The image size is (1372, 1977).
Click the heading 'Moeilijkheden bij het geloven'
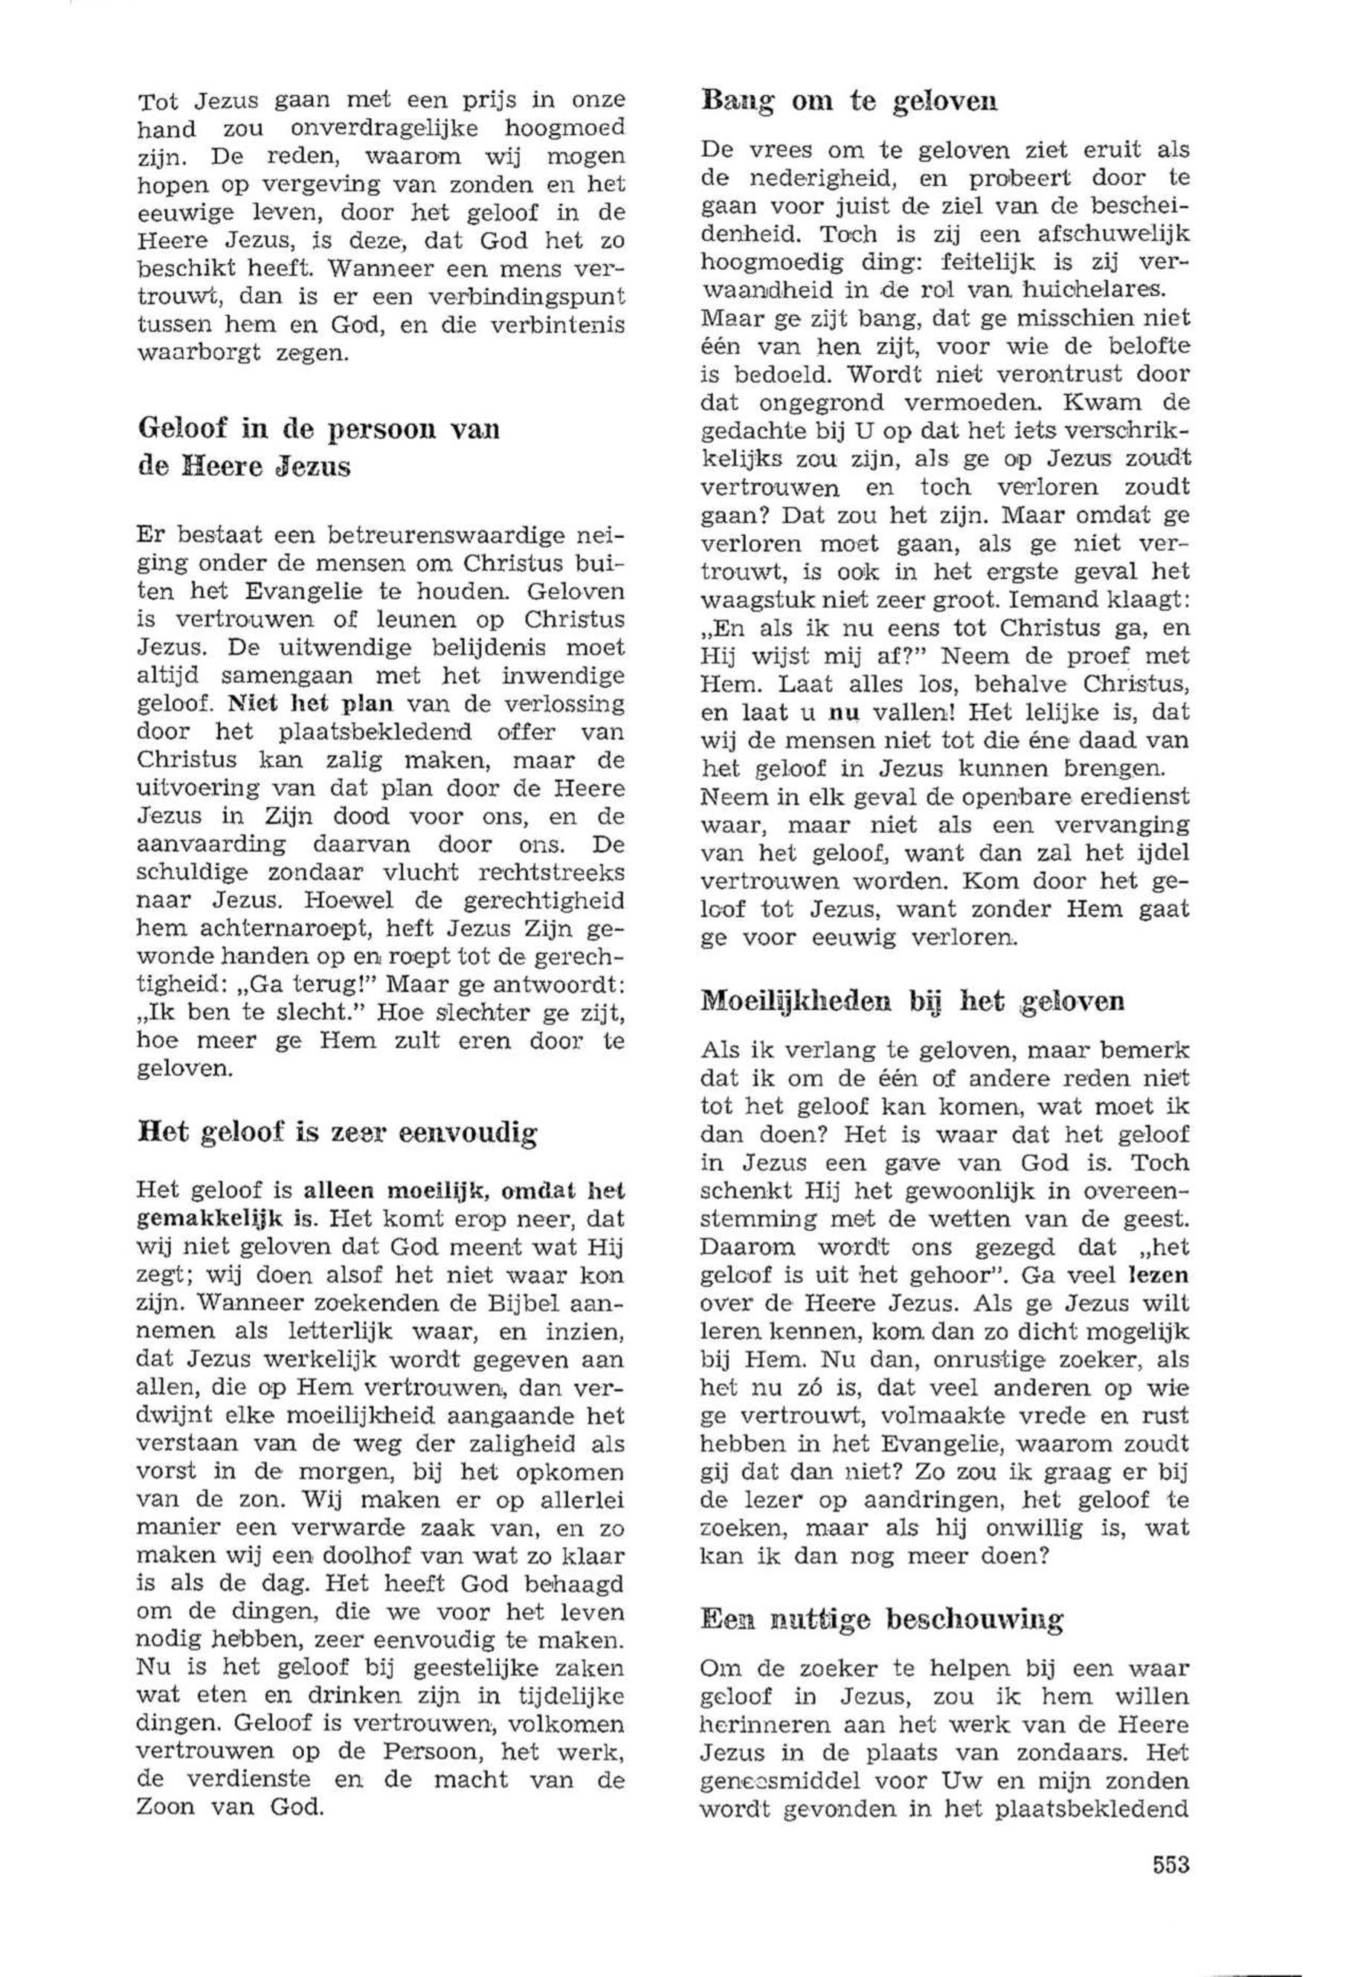(x=913, y=1001)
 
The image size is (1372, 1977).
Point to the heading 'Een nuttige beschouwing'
(x=882, y=1620)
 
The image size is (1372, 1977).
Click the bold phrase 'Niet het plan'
(x=310, y=704)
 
